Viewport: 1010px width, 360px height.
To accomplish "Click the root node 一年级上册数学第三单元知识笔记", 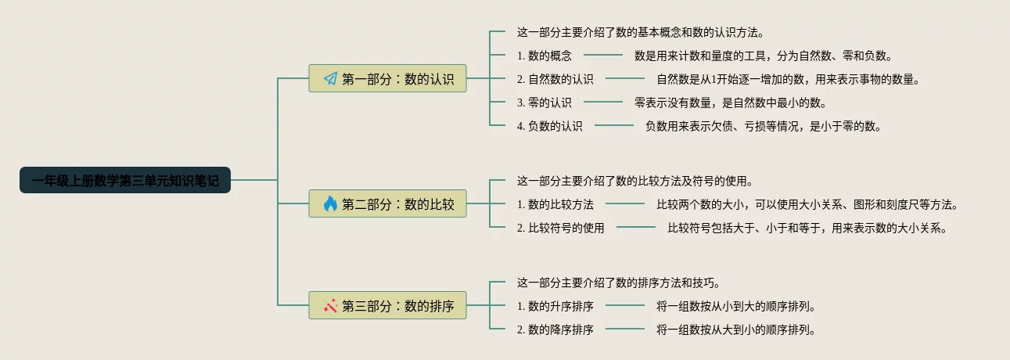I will pyautogui.click(x=125, y=181).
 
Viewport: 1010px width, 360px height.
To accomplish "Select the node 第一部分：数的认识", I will pyautogui.click(x=387, y=78).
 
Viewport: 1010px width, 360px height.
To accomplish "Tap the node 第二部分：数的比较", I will pyautogui.click(x=387, y=203).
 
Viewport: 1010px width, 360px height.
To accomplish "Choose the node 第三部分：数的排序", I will pyautogui.click(x=387, y=305).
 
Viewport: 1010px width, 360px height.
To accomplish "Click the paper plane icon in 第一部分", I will pyautogui.click(x=330, y=78).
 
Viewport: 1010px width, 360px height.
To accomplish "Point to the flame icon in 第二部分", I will pyautogui.click(x=330, y=203).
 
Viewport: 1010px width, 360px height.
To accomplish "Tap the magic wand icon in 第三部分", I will pyautogui.click(x=330, y=305).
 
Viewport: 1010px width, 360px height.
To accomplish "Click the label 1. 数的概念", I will pyautogui.click(x=545, y=56).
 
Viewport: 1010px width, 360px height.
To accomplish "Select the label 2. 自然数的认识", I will pyautogui.click(x=555, y=79).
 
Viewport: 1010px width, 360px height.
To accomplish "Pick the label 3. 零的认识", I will pyautogui.click(x=545, y=103).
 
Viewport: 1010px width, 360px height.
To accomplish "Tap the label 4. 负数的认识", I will pyautogui.click(x=550, y=126).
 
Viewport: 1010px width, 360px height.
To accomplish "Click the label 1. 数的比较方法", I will pyautogui.click(x=555, y=204).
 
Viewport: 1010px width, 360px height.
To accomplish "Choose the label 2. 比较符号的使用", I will pyautogui.click(x=561, y=229).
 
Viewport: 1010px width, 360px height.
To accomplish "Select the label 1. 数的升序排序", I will pyautogui.click(x=555, y=306).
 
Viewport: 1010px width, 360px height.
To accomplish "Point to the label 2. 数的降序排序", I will pyautogui.click(x=555, y=329).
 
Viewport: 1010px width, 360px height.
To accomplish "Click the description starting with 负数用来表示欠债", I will pyautogui.click(x=763, y=126).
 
